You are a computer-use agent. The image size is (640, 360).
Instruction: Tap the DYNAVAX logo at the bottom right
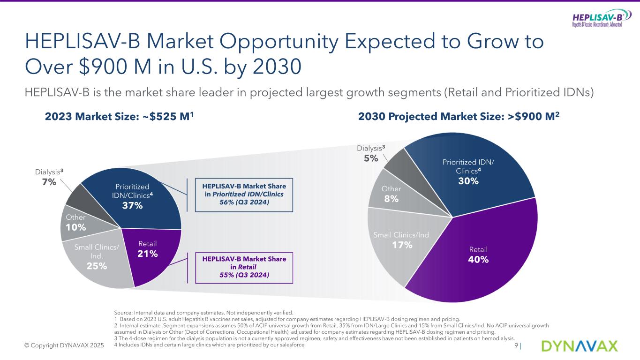[x=580, y=346]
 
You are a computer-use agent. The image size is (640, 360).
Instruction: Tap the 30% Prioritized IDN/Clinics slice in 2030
[x=469, y=173]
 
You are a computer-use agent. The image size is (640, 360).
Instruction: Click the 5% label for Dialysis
[x=371, y=158]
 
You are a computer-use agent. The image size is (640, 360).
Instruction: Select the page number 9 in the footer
[x=516, y=346]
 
